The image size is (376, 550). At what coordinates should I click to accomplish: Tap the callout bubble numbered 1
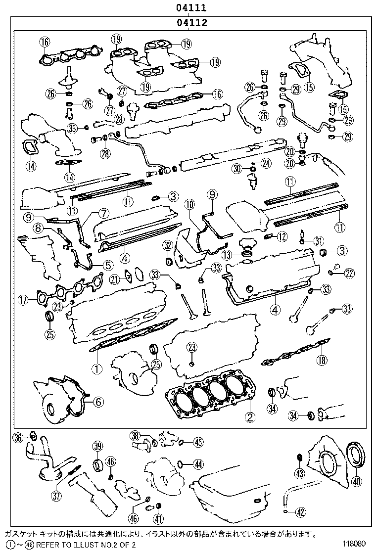click(97, 368)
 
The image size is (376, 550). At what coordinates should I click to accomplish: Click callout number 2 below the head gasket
click(250, 416)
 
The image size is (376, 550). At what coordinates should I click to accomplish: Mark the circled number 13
click(227, 255)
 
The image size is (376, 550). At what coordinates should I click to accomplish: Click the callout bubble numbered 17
click(23, 299)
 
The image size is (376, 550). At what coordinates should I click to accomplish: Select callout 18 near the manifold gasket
click(322, 360)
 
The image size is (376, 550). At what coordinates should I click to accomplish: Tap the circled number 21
click(114, 279)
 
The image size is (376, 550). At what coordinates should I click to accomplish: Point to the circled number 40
click(356, 481)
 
